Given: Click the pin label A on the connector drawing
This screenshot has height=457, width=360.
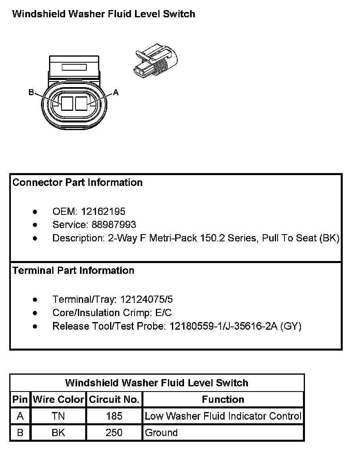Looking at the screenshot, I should coord(116,92).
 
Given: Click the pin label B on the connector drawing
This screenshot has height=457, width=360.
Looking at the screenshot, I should coord(31,92).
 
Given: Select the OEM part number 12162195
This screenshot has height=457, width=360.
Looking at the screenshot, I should coord(103,211).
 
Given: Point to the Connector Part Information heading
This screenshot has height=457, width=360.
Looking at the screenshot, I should coord(78,182).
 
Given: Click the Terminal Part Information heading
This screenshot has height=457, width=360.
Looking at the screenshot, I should coord(74,270).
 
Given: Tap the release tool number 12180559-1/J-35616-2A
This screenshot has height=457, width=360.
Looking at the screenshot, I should coord(222,326).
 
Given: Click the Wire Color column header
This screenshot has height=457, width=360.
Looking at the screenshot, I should coord(58,400).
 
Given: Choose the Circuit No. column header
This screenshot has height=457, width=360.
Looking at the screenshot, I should coord(114,400).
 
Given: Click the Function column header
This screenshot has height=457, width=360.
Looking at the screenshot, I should coord(223,400).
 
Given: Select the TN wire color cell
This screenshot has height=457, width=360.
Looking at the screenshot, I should coord(58,416).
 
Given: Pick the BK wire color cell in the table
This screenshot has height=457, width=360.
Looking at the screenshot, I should coord(58,433).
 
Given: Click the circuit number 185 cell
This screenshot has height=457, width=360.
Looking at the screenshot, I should coord(114,416).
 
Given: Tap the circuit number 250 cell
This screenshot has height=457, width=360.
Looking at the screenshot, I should coord(114,433).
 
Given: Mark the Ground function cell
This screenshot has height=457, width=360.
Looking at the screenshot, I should coord(162,433).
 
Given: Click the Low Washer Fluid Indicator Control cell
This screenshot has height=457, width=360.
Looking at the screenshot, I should coord(223,416).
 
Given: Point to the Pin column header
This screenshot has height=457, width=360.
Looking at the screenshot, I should coord(20,400).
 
